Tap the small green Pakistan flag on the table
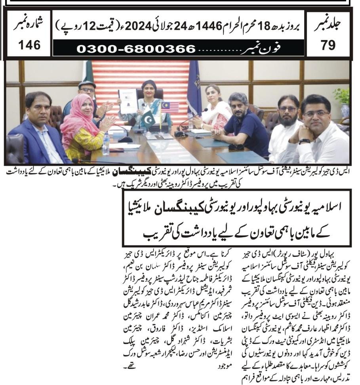148,119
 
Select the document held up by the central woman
128,101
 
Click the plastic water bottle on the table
106,143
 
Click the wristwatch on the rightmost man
304,141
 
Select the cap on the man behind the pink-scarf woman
87,84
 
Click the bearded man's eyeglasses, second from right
288,109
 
